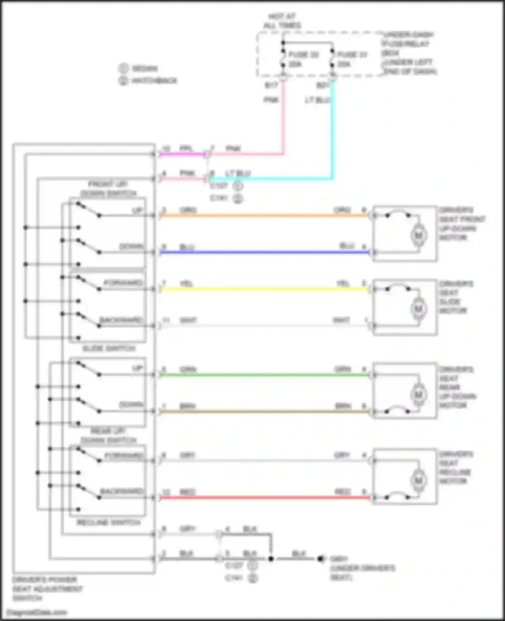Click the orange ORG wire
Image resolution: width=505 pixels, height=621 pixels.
[x=263, y=215]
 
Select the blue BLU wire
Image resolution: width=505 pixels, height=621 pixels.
[x=263, y=252]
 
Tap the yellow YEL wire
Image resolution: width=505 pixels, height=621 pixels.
[x=263, y=289]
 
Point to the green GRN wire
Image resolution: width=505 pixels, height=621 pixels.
[x=263, y=375]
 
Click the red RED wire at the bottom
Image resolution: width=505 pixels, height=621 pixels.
[x=263, y=497]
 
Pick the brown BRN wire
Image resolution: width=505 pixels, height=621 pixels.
[x=263, y=411]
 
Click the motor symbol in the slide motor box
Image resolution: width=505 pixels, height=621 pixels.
[x=418, y=308]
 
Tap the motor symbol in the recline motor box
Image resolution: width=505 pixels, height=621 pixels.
[x=418, y=480]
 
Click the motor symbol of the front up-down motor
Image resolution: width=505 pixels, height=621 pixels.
[x=418, y=235]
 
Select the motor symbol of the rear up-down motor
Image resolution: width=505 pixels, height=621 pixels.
[x=418, y=394]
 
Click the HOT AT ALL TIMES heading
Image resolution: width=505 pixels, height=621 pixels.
[x=282, y=21]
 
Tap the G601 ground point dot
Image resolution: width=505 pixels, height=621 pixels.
[x=320, y=559]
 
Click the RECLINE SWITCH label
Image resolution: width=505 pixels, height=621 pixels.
[x=108, y=522]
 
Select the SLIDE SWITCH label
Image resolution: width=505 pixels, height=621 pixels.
[x=109, y=348]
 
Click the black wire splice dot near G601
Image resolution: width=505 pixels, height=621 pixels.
[x=271, y=559]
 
